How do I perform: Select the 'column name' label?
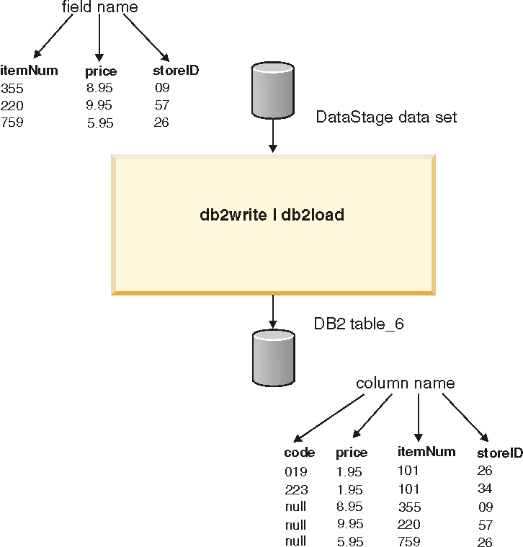coord(406,383)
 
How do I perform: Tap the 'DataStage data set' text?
coord(386,117)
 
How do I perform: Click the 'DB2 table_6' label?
coord(359,324)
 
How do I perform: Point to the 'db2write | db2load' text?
coord(272,215)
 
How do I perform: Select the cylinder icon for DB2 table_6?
coord(272,358)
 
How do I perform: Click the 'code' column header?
coord(300,453)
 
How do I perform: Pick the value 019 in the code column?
coord(295,472)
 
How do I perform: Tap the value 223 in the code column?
coord(295,490)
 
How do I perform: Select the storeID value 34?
coord(484,489)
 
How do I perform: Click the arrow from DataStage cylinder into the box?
coord(272,135)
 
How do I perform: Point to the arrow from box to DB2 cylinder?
coord(272,311)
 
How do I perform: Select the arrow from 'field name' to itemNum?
coord(53,35)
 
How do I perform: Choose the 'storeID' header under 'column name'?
coord(499,453)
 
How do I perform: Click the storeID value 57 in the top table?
coord(161,105)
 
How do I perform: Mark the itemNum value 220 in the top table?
coord(12,105)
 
